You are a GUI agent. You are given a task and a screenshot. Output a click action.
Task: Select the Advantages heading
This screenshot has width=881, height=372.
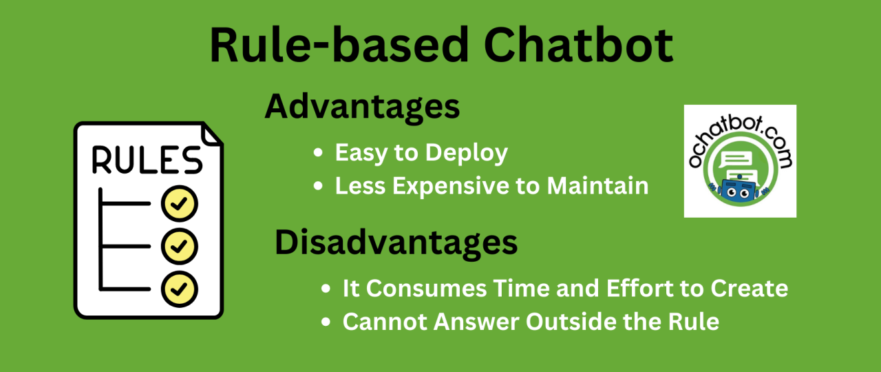click(362, 107)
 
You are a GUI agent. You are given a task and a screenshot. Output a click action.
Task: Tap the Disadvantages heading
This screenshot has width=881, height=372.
click(396, 243)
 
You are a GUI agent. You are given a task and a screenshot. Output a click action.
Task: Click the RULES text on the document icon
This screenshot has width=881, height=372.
click(147, 160)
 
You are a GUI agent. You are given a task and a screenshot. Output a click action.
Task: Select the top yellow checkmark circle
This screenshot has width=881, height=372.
click(180, 203)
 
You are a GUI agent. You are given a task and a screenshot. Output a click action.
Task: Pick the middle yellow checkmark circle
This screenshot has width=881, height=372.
click(180, 245)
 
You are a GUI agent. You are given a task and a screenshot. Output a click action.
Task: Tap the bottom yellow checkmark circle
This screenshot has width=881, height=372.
click(180, 287)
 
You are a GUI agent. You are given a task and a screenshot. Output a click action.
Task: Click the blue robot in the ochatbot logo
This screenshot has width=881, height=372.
click(737, 190)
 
